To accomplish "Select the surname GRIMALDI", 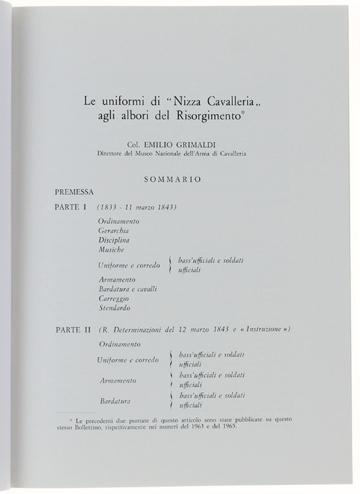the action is pos(197,145).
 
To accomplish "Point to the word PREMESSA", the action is pos(75,192).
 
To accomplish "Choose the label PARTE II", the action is pos(73,329).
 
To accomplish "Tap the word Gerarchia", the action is pos(114,230).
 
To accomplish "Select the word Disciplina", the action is pos(114,240).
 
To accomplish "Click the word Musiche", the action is pos(112,249).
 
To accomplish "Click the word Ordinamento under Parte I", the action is pos(119,221).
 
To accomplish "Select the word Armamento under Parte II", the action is pos(118,380).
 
